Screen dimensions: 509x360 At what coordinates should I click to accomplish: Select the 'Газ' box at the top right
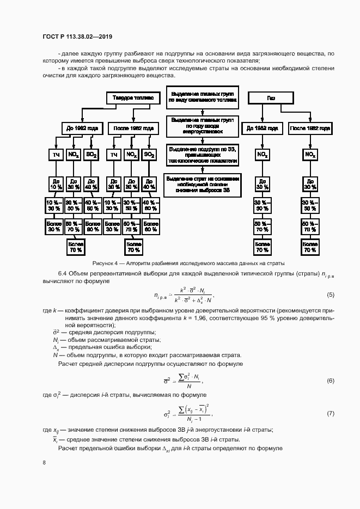(271, 97)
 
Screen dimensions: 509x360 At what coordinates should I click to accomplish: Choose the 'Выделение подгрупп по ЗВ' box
(202, 155)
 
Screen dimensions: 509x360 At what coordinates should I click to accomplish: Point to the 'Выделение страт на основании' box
(202, 183)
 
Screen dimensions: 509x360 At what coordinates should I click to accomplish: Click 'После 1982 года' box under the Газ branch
(310, 128)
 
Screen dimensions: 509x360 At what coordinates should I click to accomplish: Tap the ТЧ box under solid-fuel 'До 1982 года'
(56, 155)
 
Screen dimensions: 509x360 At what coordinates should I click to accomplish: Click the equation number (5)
(330, 295)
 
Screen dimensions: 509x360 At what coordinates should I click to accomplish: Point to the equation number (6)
(330, 380)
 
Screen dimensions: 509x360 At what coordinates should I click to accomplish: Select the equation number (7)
(330, 414)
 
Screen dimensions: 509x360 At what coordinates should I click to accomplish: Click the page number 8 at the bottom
(44, 462)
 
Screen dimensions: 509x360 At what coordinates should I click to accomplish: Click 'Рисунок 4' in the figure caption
(106, 263)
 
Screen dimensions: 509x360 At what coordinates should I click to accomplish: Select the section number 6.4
(63, 273)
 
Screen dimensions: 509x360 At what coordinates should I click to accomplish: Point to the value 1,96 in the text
(188, 316)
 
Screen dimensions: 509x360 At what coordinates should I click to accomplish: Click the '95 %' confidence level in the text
(270, 316)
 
